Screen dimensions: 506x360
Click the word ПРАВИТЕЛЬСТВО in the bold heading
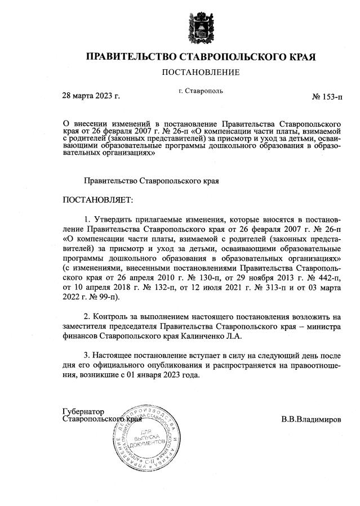click(x=129, y=56)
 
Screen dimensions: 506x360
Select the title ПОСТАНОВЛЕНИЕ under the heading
click(x=201, y=73)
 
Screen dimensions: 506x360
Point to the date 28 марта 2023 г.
click(x=91, y=96)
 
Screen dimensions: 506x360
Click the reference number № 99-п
click(x=96, y=297)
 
